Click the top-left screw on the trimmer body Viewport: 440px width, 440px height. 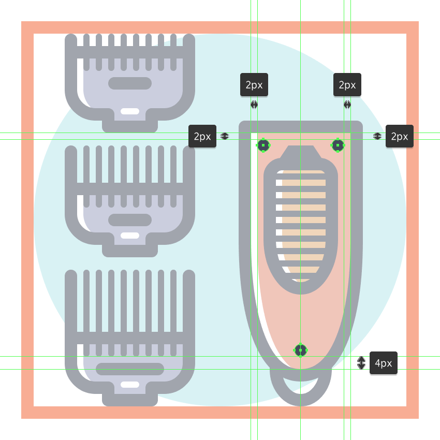coord(263,145)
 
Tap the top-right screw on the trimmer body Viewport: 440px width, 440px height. coord(338,145)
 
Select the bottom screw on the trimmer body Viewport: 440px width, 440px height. coord(301,350)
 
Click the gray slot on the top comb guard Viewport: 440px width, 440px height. coord(130,83)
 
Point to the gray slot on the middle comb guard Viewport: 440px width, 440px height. coord(130,220)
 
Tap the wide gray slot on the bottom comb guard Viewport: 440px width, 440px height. coord(130,369)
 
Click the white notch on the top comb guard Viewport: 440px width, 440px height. coord(130,111)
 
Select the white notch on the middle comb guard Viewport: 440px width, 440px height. coord(130,236)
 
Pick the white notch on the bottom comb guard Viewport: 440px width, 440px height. coord(130,385)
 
